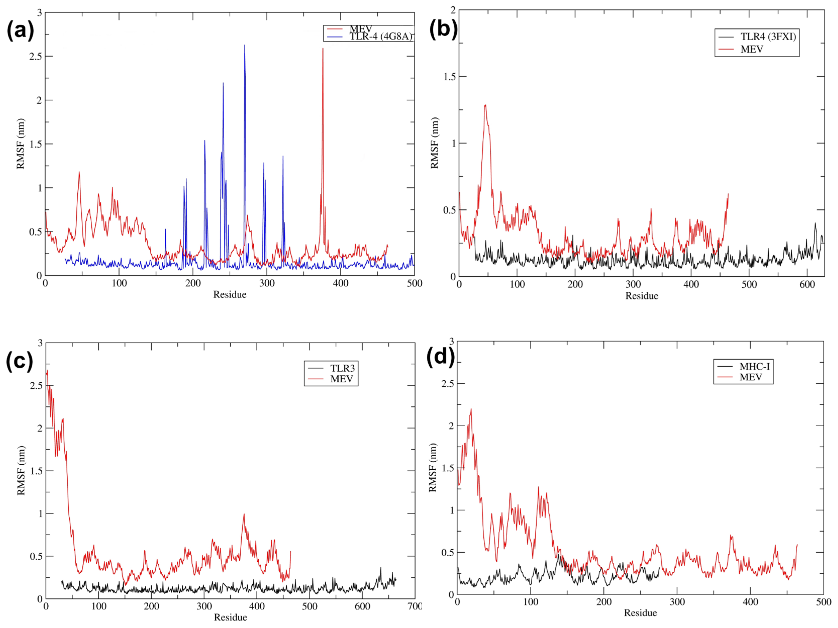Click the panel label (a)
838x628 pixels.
[20, 30]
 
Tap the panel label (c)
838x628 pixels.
[19, 361]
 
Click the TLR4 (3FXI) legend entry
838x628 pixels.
[768, 37]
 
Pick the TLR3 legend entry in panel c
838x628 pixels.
[342, 368]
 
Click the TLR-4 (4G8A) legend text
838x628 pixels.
[380, 37]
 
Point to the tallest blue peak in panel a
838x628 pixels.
[244, 46]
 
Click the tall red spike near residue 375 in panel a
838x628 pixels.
[323, 49]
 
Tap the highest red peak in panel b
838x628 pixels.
[485, 106]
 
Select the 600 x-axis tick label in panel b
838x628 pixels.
[807, 285]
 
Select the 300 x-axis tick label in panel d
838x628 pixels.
[677, 602]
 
